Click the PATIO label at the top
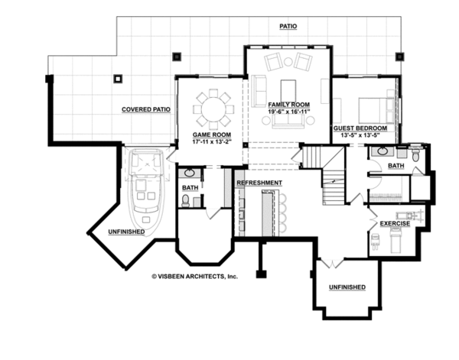click(288, 26)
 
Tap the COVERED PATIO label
click(146, 109)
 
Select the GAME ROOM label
click(212, 135)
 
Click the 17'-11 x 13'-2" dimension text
click(212, 141)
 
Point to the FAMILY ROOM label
click(289, 105)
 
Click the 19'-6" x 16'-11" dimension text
click(289, 112)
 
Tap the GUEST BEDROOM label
click(360, 128)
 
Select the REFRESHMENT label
click(259, 183)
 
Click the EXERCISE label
click(395, 224)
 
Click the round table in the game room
click(213, 109)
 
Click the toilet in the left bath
click(186, 200)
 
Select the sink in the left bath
click(190, 173)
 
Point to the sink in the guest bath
click(382, 151)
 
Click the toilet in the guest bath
click(415, 154)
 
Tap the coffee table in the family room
click(288, 90)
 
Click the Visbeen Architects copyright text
click(194, 277)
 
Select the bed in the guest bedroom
click(377, 110)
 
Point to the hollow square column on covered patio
click(118, 79)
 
